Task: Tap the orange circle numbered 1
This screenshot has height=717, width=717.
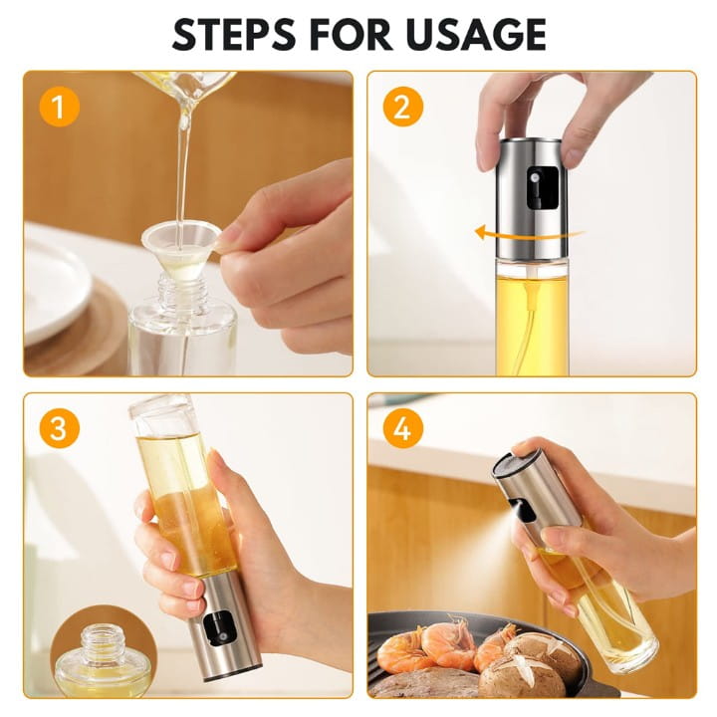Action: click(59, 106)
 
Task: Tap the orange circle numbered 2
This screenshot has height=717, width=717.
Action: click(402, 106)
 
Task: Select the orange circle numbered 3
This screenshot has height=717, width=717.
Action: click(59, 428)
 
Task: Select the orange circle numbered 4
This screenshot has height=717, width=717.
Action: click(402, 428)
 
